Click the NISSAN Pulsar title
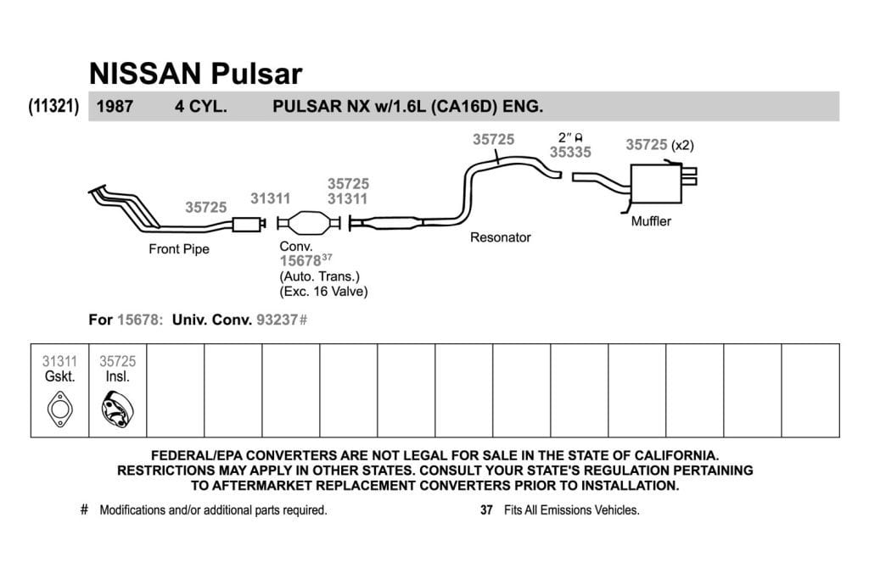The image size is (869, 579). (196, 74)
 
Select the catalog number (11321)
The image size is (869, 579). (53, 106)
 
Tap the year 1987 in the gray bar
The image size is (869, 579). (115, 106)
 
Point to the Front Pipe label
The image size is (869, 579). (179, 249)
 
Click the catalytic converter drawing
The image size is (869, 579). (308, 222)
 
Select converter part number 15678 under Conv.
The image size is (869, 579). (300, 261)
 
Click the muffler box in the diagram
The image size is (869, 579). (656, 183)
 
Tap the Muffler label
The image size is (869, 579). (651, 221)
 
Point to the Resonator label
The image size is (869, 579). (501, 237)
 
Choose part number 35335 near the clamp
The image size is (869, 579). (570, 153)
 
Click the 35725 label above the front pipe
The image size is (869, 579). (206, 208)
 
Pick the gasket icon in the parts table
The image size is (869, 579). (60, 409)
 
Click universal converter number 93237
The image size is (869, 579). (278, 320)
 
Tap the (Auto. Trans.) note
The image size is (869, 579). (320, 276)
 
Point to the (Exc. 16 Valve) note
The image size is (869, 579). (323, 292)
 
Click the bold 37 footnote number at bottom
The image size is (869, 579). (486, 509)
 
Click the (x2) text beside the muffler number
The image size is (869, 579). (682, 146)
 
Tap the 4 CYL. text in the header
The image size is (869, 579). (201, 106)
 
